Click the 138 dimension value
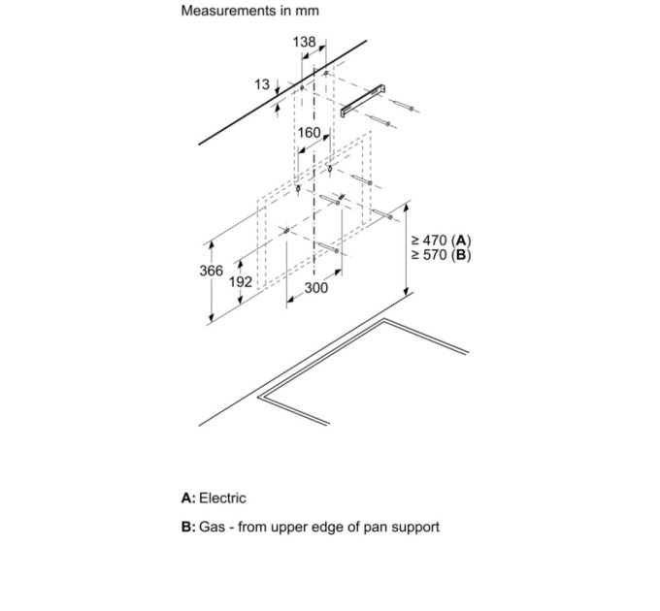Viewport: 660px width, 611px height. pos(304,43)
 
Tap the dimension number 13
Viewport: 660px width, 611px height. pos(262,85)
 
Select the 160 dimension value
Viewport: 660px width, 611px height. pos(309,133)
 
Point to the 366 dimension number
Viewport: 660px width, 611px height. pos(212,271)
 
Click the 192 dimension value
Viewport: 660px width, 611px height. pos(241,282)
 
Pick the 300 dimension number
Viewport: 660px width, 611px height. pos(316,288)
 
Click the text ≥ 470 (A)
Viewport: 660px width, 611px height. pos(441,241)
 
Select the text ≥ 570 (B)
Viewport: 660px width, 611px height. pos(441,255)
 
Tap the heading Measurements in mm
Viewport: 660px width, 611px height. pos(249,12)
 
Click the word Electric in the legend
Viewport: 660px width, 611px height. pos(222,498)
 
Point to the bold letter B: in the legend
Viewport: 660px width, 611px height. pos(188,528)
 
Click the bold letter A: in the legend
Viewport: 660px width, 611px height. pos(188,498)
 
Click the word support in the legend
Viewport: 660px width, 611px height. pos(412,528)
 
